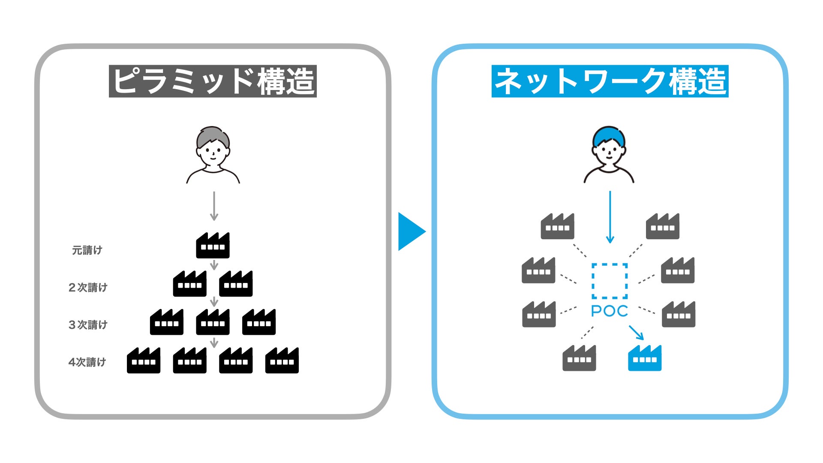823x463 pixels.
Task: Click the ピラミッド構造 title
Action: click(x=213, y=81)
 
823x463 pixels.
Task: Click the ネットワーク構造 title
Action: click(x=610, y=81)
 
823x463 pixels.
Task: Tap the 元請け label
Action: click(x=87, y=250)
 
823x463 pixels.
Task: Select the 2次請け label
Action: click(x=88, y=287)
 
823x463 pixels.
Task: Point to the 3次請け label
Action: click(x=88, y=325)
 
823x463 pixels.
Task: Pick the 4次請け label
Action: click(x=87, y=362)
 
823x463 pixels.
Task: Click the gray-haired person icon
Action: click(x=213, y=155)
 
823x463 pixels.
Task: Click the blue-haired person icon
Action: click(x=609, y=155)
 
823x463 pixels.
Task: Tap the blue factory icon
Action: click(x=644, y=358)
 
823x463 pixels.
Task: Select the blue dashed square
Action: click(x=610, y=281)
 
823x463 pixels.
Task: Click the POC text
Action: click(x=609, y=311)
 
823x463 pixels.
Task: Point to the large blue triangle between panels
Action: click(x=411, y=231)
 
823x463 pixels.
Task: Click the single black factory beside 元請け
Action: click(x=213, y=246)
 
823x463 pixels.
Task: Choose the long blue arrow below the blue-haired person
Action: click(x=610, y=217)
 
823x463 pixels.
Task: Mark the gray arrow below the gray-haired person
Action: click(x=214, y=206)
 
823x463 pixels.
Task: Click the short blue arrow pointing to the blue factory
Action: click(x=636, y=332)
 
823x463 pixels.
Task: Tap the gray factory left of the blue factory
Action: click(x=579, y=358)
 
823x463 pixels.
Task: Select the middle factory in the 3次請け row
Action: click(x=213, y=322)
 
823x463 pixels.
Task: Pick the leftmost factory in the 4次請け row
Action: click(x=144, y=361)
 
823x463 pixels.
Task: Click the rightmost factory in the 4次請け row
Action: click(x=282, y=361)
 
